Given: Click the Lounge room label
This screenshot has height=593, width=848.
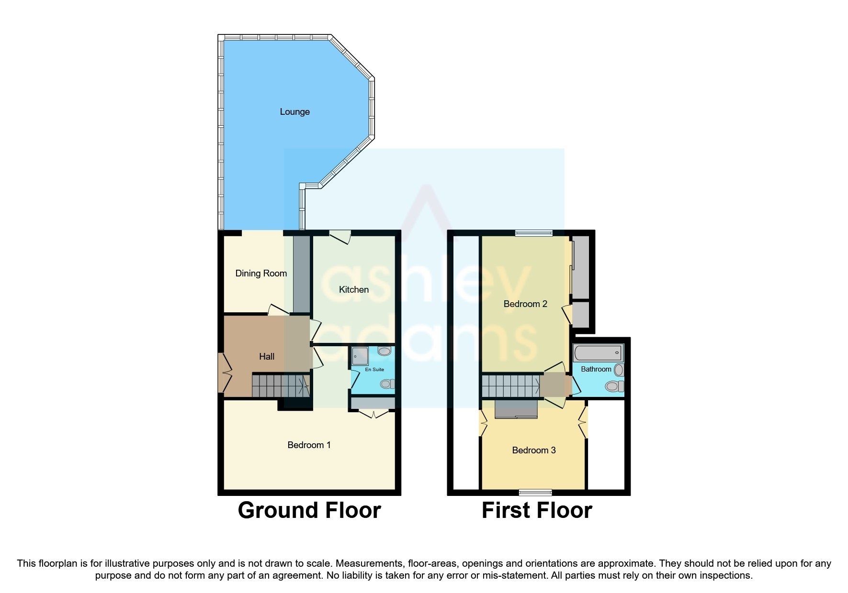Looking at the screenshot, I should pyautogui.click(x=294, y=111).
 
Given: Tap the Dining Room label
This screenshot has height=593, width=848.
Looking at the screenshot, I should pyautogui.click(x=261, y=273).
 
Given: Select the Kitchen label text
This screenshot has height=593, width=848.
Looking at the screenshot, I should pyautogui.click(x=353, y=289).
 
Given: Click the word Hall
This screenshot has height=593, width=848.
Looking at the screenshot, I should pyautogui.click(x=267, y=356).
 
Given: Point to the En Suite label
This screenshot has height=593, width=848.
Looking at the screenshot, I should pyautogui.click(x=374, y=369).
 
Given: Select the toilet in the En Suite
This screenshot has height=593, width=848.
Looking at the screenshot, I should pyautogui.click(x=387, y=384).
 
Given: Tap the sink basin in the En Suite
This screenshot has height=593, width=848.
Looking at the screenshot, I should pyautogui.click(x=384, y=351).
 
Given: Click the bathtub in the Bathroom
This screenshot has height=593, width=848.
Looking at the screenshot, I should pyautogui.click(x=598, y=353).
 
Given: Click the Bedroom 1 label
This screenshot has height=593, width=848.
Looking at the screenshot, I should pyautogui.click(x=309, y=445).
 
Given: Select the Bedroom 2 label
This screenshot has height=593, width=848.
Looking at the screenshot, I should pyautogui.click(x=525, y=304).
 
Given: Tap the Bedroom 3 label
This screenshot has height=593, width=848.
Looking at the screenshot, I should pyautogui.click(x=533, y=450).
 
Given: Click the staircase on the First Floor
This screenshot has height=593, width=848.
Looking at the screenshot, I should pyautogui.click(x=510, y=385).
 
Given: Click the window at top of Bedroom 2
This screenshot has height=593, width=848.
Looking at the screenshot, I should pyautogui.click(x=533, y=233).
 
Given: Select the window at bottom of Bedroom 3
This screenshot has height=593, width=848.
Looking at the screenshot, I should pyautogui.click(x=535, y=492).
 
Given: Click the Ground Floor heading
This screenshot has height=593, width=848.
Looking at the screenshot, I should pyautogui.click(x=309, y=510).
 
